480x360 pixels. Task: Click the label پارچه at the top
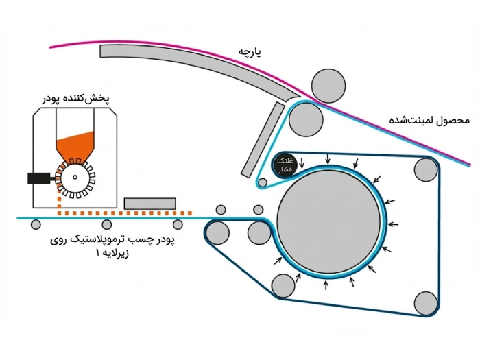click(250, 53)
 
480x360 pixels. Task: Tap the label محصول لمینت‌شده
click(429, 119)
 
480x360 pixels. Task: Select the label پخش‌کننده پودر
click(73, 99)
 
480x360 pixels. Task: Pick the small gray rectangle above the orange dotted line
click(150, 203)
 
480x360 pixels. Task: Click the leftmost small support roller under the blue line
click(36, 224)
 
